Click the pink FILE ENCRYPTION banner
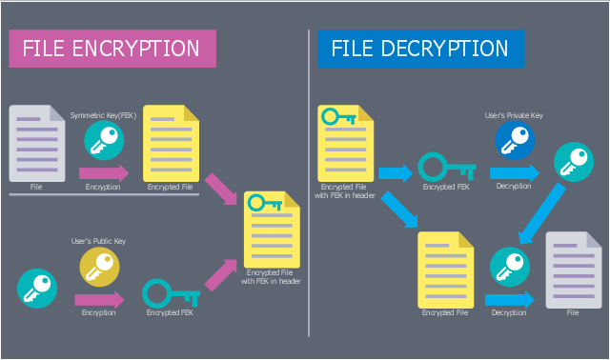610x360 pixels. [112, 49]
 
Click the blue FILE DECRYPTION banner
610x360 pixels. [421, 49]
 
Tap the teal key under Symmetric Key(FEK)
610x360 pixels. [104, 140]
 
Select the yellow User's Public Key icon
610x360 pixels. [99, 267]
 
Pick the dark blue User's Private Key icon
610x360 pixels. [515, 140]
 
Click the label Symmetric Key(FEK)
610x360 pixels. [104, 115]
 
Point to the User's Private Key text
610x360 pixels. [514, 115]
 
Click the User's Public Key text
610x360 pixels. [98, 241]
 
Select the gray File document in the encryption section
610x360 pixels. [37, 143]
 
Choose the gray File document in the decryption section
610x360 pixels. [574, 270]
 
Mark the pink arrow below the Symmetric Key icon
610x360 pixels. [104, 173]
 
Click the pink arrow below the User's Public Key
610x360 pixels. [99, 300]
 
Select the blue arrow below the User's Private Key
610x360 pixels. [515, 173]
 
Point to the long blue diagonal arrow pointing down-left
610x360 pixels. [542, 213]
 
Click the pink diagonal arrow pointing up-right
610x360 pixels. [220, 275]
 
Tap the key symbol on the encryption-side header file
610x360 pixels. [265, 203]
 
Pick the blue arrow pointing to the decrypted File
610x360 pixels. [510, 300]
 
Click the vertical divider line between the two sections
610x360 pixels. [309, 183]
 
